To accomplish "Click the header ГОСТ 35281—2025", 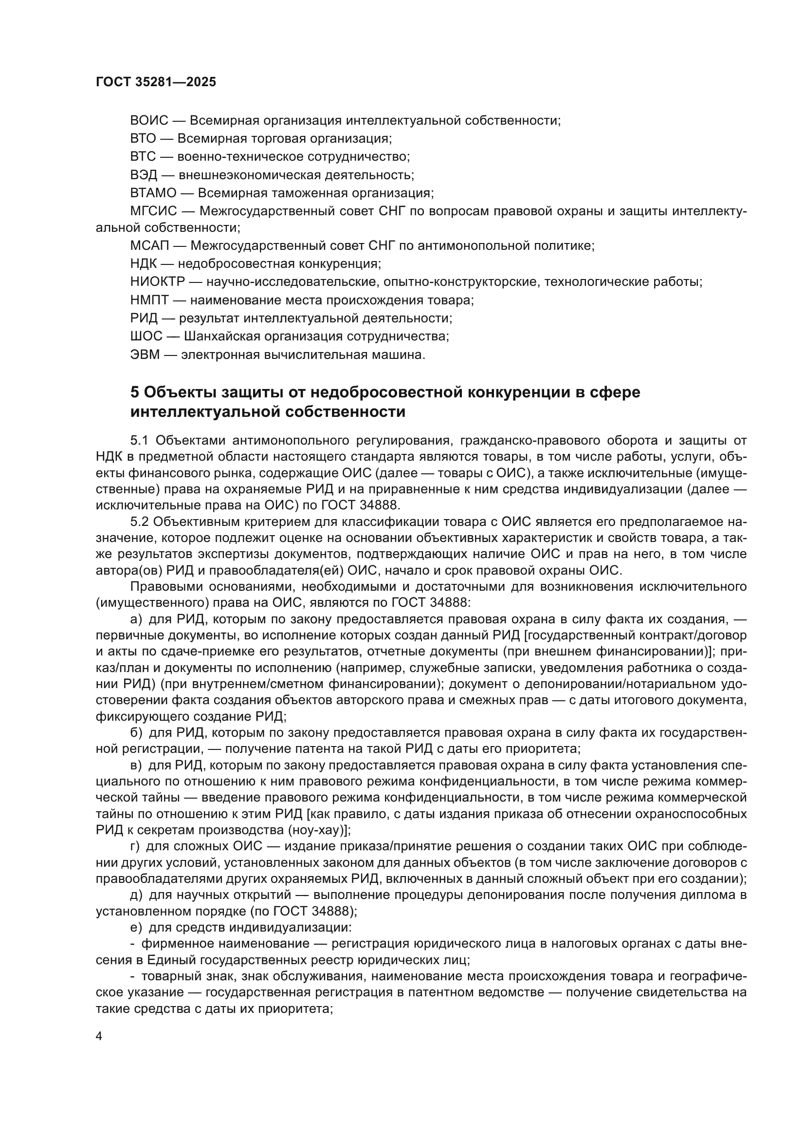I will pos(156,82).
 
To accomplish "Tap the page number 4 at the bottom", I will pos(99,1036).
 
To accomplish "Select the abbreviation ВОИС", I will pos(149,121).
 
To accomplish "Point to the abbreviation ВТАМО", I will pos(153,192).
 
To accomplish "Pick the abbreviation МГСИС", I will pos(154,211).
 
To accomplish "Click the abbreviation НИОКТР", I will pos(158,282).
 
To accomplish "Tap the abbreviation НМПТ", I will pos(150,300).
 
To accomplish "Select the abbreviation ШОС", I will pos(146,336).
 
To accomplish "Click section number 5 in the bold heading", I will pos(135,392).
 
